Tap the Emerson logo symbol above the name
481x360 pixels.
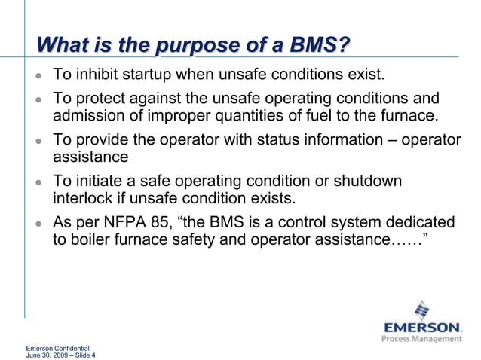423,310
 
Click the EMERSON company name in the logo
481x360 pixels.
422,328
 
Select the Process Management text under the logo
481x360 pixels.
422,339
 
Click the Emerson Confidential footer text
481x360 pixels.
57,349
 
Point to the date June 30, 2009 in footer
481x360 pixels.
46,355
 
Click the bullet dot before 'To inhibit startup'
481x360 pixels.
38,76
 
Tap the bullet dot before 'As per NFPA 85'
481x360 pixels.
38,224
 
